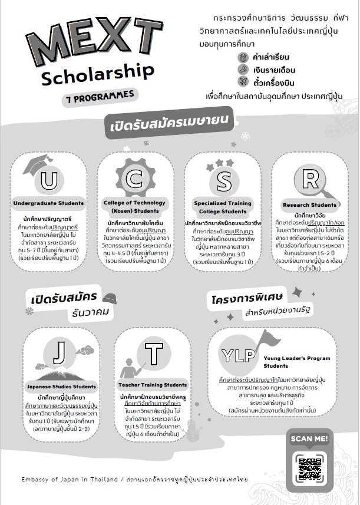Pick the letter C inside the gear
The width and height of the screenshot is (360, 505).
136,177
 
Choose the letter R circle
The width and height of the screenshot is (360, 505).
309,177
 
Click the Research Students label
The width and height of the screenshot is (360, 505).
309,205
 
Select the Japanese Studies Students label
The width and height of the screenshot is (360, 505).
61,387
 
